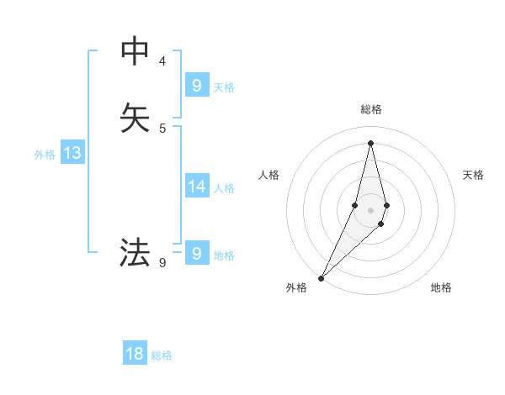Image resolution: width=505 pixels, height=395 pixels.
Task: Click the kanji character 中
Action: pos(135,51)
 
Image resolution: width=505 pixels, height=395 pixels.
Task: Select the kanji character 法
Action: pos(135,252)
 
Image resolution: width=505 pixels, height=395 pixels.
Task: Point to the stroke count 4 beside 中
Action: pos(162,61)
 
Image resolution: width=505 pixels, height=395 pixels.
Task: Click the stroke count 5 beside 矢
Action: pos(162,128)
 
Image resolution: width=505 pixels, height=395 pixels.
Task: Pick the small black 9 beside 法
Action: pos(162,263)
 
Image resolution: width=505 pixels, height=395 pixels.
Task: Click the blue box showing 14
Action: pos(197,187)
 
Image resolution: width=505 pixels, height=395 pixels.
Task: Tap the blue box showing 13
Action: pos(72,153)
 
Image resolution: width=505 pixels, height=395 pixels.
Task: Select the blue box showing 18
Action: pos(135,354)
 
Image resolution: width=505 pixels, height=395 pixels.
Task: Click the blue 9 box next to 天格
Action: pos(197,86)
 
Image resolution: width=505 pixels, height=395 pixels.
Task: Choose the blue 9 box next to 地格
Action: pos(197,253)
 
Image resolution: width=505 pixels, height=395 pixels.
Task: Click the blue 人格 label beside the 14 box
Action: pos(225,188)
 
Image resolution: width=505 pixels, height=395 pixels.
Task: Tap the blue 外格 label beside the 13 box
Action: pos(45,155)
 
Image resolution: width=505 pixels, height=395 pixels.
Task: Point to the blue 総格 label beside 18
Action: pos(162,355)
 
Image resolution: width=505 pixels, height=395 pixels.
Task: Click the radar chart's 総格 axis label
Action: pos(371,109)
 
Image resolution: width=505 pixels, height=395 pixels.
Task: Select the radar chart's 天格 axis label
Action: pos(474,175)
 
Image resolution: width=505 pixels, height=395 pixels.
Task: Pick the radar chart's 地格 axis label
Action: pos(441,287)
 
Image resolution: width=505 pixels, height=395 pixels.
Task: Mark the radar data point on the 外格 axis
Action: pos(321,278)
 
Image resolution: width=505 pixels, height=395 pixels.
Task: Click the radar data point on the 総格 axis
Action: pos(371,142)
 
